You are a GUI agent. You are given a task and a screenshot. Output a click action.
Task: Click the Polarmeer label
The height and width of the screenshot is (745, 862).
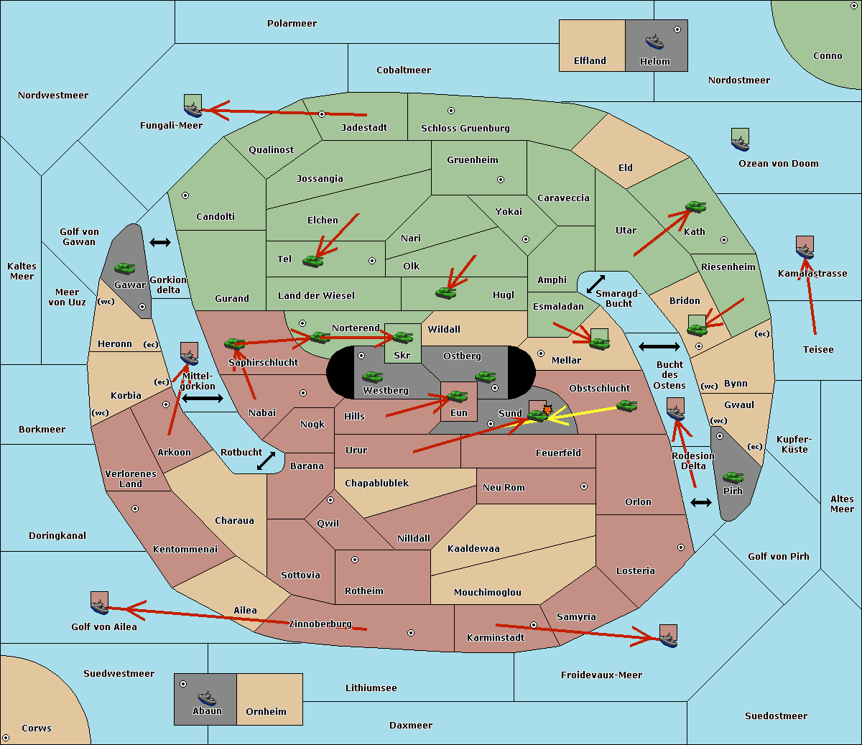[292, 24]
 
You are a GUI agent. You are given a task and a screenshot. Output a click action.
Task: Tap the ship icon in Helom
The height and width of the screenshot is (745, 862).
[654, 41]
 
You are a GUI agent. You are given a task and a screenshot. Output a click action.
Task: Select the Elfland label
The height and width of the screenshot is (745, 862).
[590, 61]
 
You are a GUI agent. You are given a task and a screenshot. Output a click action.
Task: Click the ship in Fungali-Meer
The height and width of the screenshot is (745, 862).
[193, 108]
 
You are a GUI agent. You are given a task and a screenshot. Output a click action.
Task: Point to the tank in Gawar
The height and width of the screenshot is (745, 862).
[125, 268]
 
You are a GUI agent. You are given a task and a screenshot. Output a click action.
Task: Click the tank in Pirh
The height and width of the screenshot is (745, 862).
[733, 477]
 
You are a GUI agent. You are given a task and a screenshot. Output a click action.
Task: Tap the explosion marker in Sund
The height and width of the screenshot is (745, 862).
[547, 410]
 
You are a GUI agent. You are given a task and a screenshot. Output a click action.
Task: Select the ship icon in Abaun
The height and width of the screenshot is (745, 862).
[207, 698]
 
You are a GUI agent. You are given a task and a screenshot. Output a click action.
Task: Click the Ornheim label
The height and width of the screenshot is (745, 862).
[266, 712]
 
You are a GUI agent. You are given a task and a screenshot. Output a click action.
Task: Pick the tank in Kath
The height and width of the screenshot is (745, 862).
[695, 207]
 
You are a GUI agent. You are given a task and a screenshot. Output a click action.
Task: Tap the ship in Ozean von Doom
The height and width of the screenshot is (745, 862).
[740, 142]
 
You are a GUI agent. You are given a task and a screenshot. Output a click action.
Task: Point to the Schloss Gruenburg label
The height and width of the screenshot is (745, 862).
[465, 129]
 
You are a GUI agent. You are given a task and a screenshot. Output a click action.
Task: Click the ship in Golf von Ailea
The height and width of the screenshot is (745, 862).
[99, 606]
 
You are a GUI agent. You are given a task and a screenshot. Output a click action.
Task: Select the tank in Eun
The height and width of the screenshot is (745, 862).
[458, 396]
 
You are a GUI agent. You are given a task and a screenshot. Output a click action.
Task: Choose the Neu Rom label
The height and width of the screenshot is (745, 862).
[504, 488]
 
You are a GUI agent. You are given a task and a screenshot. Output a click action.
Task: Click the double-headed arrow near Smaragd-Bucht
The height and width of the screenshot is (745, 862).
[595, 284]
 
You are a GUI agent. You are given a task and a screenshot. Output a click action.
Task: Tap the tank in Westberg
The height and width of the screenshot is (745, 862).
[372, 376]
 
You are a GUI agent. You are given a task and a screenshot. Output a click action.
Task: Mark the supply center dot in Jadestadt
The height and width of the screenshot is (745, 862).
[322, 114]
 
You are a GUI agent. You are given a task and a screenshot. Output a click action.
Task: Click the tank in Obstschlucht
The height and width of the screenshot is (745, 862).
[626, 405]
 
